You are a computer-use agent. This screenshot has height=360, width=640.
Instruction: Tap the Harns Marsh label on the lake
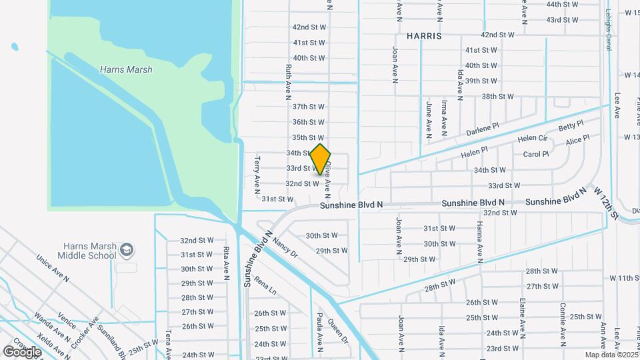pyautogui.click(x=125, y=69)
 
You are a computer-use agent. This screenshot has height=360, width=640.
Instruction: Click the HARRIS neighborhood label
pyautogui.click(x=421, y=35)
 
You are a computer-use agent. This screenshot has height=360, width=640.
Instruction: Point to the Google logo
pyautogui.click(x=21, y=351)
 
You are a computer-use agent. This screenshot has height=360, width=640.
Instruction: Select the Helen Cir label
pyautogui.click(x=532, y=139)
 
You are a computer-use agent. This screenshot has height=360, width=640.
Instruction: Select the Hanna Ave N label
pyautogui.click(x=478, y=241)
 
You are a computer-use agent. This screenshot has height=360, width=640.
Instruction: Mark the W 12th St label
pyautogui.click(x=607, y=203)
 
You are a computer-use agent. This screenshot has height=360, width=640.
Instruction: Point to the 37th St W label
pyautogui.click(x=308, y=107)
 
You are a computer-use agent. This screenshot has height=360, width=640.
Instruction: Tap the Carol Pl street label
pyautogui.click(x=535, y=154)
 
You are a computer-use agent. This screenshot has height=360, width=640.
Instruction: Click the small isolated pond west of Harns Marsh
pyautogui.click(x=15, y=47)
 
